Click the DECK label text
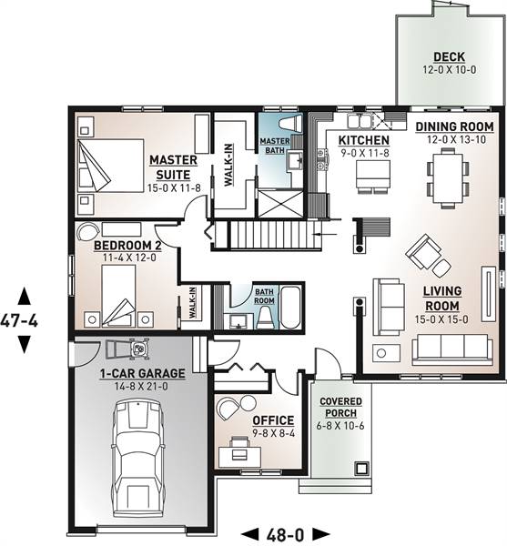(449, 56)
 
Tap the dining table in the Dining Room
(448, 178)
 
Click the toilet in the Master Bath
(290, 124)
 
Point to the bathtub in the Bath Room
(290, 308)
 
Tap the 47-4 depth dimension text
(19, 320)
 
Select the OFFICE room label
(273, 420)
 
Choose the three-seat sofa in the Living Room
(452, 350)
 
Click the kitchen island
(370, 174)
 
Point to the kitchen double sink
(359, 121)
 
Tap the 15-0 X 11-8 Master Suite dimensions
(174, 188)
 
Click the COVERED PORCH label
(341, 408)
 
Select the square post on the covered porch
(361, 469)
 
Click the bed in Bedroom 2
(119, 296)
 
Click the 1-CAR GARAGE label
(142, 373)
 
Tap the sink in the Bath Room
(238, 321)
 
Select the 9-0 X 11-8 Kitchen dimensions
(365, 153)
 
